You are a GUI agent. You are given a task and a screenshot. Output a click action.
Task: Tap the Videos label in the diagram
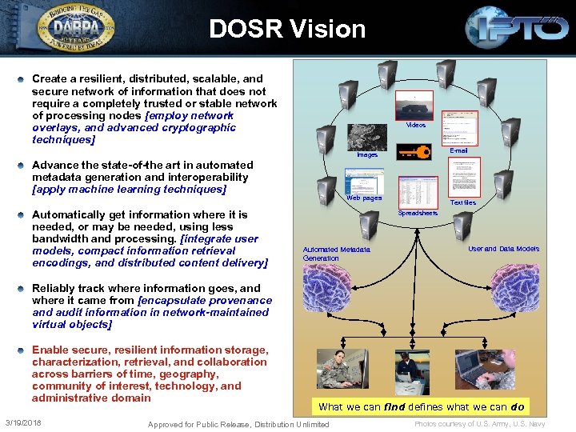coord(415,126)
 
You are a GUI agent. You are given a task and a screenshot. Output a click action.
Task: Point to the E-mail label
coord(458,150)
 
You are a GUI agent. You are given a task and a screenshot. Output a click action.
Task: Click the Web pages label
coord(364,198)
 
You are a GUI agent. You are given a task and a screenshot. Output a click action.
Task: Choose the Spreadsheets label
coord(418,214)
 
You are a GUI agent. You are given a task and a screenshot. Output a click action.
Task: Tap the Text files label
coord(463,203)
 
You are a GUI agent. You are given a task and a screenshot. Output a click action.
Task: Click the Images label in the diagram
coord(367,155)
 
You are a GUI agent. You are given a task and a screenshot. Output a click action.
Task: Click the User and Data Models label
coord(503,249)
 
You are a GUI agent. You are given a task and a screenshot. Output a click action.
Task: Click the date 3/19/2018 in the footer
coord(23,422)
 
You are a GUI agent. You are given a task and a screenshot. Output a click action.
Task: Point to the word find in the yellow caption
coord(394,406)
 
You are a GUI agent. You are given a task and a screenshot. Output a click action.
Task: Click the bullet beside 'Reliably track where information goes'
coord(22,289)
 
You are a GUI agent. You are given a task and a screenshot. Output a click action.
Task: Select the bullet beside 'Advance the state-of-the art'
coord(22,166)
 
